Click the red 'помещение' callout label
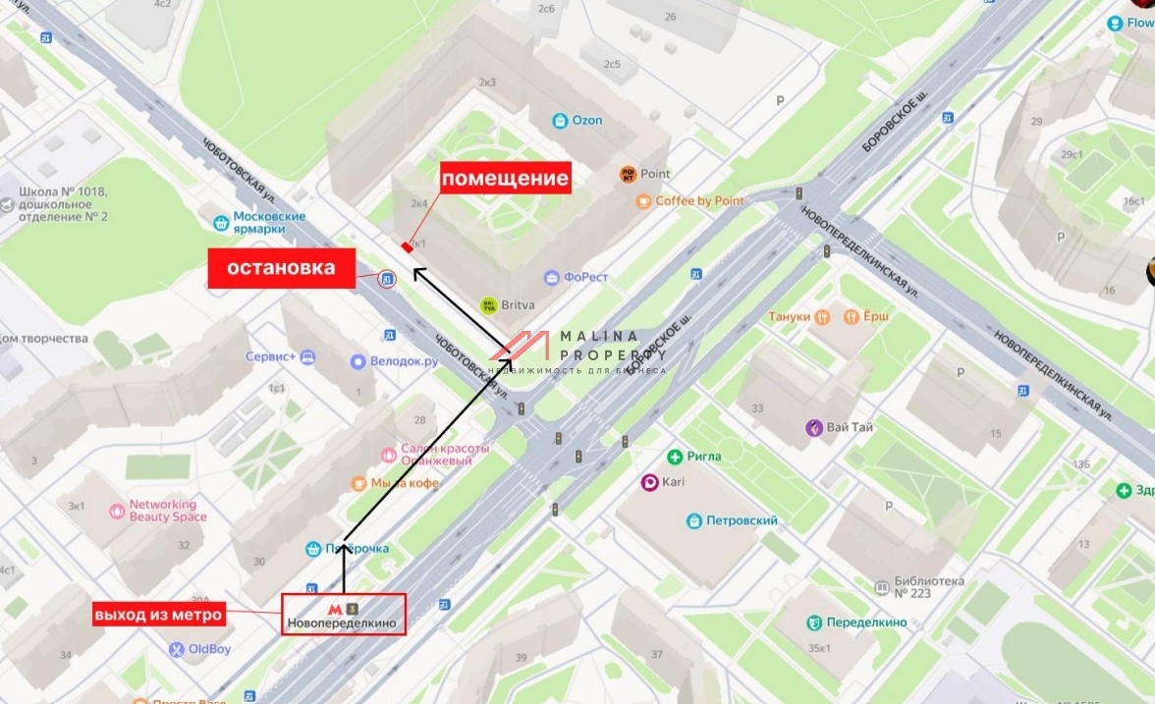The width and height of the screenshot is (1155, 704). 504,178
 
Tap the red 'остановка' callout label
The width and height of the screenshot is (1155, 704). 281,268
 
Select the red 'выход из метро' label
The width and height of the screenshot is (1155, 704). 158,615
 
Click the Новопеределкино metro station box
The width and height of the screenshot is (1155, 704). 344,615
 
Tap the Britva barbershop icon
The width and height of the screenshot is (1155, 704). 488,305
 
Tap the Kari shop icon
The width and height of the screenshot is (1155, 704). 649,482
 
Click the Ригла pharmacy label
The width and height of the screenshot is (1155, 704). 694,457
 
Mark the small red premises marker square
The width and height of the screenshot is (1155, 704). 406,246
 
